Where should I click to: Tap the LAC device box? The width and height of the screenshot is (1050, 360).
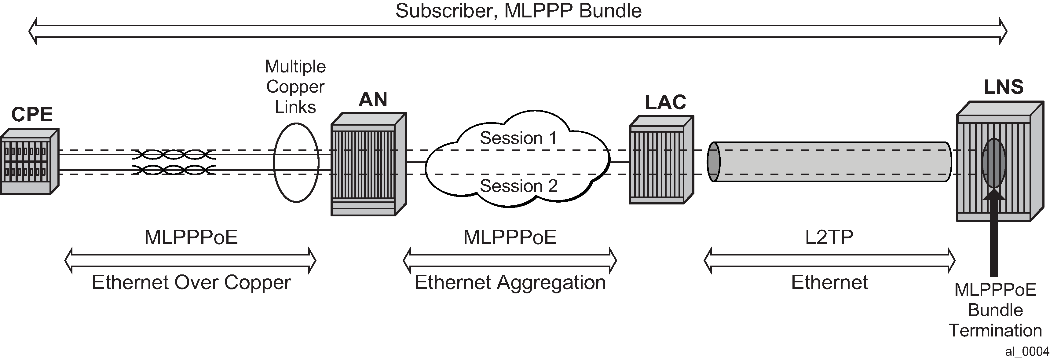tap(661, 160)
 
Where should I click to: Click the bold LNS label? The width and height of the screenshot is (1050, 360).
tap(1003, 87)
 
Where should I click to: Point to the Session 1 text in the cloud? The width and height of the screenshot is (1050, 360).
tap(518, 138)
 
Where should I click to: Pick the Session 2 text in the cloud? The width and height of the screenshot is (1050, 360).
tap(518, 186)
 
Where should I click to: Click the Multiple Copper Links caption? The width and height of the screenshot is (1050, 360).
tap(295, 86)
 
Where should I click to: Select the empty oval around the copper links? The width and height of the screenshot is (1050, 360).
tap(296, 162)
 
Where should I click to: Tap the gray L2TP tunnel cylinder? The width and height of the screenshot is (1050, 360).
tap(829, 162)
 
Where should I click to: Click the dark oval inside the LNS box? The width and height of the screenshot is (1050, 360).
tap(993, 163)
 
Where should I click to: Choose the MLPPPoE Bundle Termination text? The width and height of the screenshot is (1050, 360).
tap(995, 310)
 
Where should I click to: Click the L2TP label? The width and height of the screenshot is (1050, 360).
tap(829, 237)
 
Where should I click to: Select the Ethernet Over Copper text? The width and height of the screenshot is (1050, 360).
tap(191, 282)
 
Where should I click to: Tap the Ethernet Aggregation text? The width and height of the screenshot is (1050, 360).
tap(510, 282)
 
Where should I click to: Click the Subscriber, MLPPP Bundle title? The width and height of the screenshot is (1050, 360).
tap(518, 11)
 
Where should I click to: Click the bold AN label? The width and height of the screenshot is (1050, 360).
tap(372, 100)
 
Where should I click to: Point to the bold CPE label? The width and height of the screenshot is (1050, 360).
tap(32, 115)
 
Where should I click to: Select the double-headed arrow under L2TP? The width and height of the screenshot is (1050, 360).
tap(829, 260)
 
